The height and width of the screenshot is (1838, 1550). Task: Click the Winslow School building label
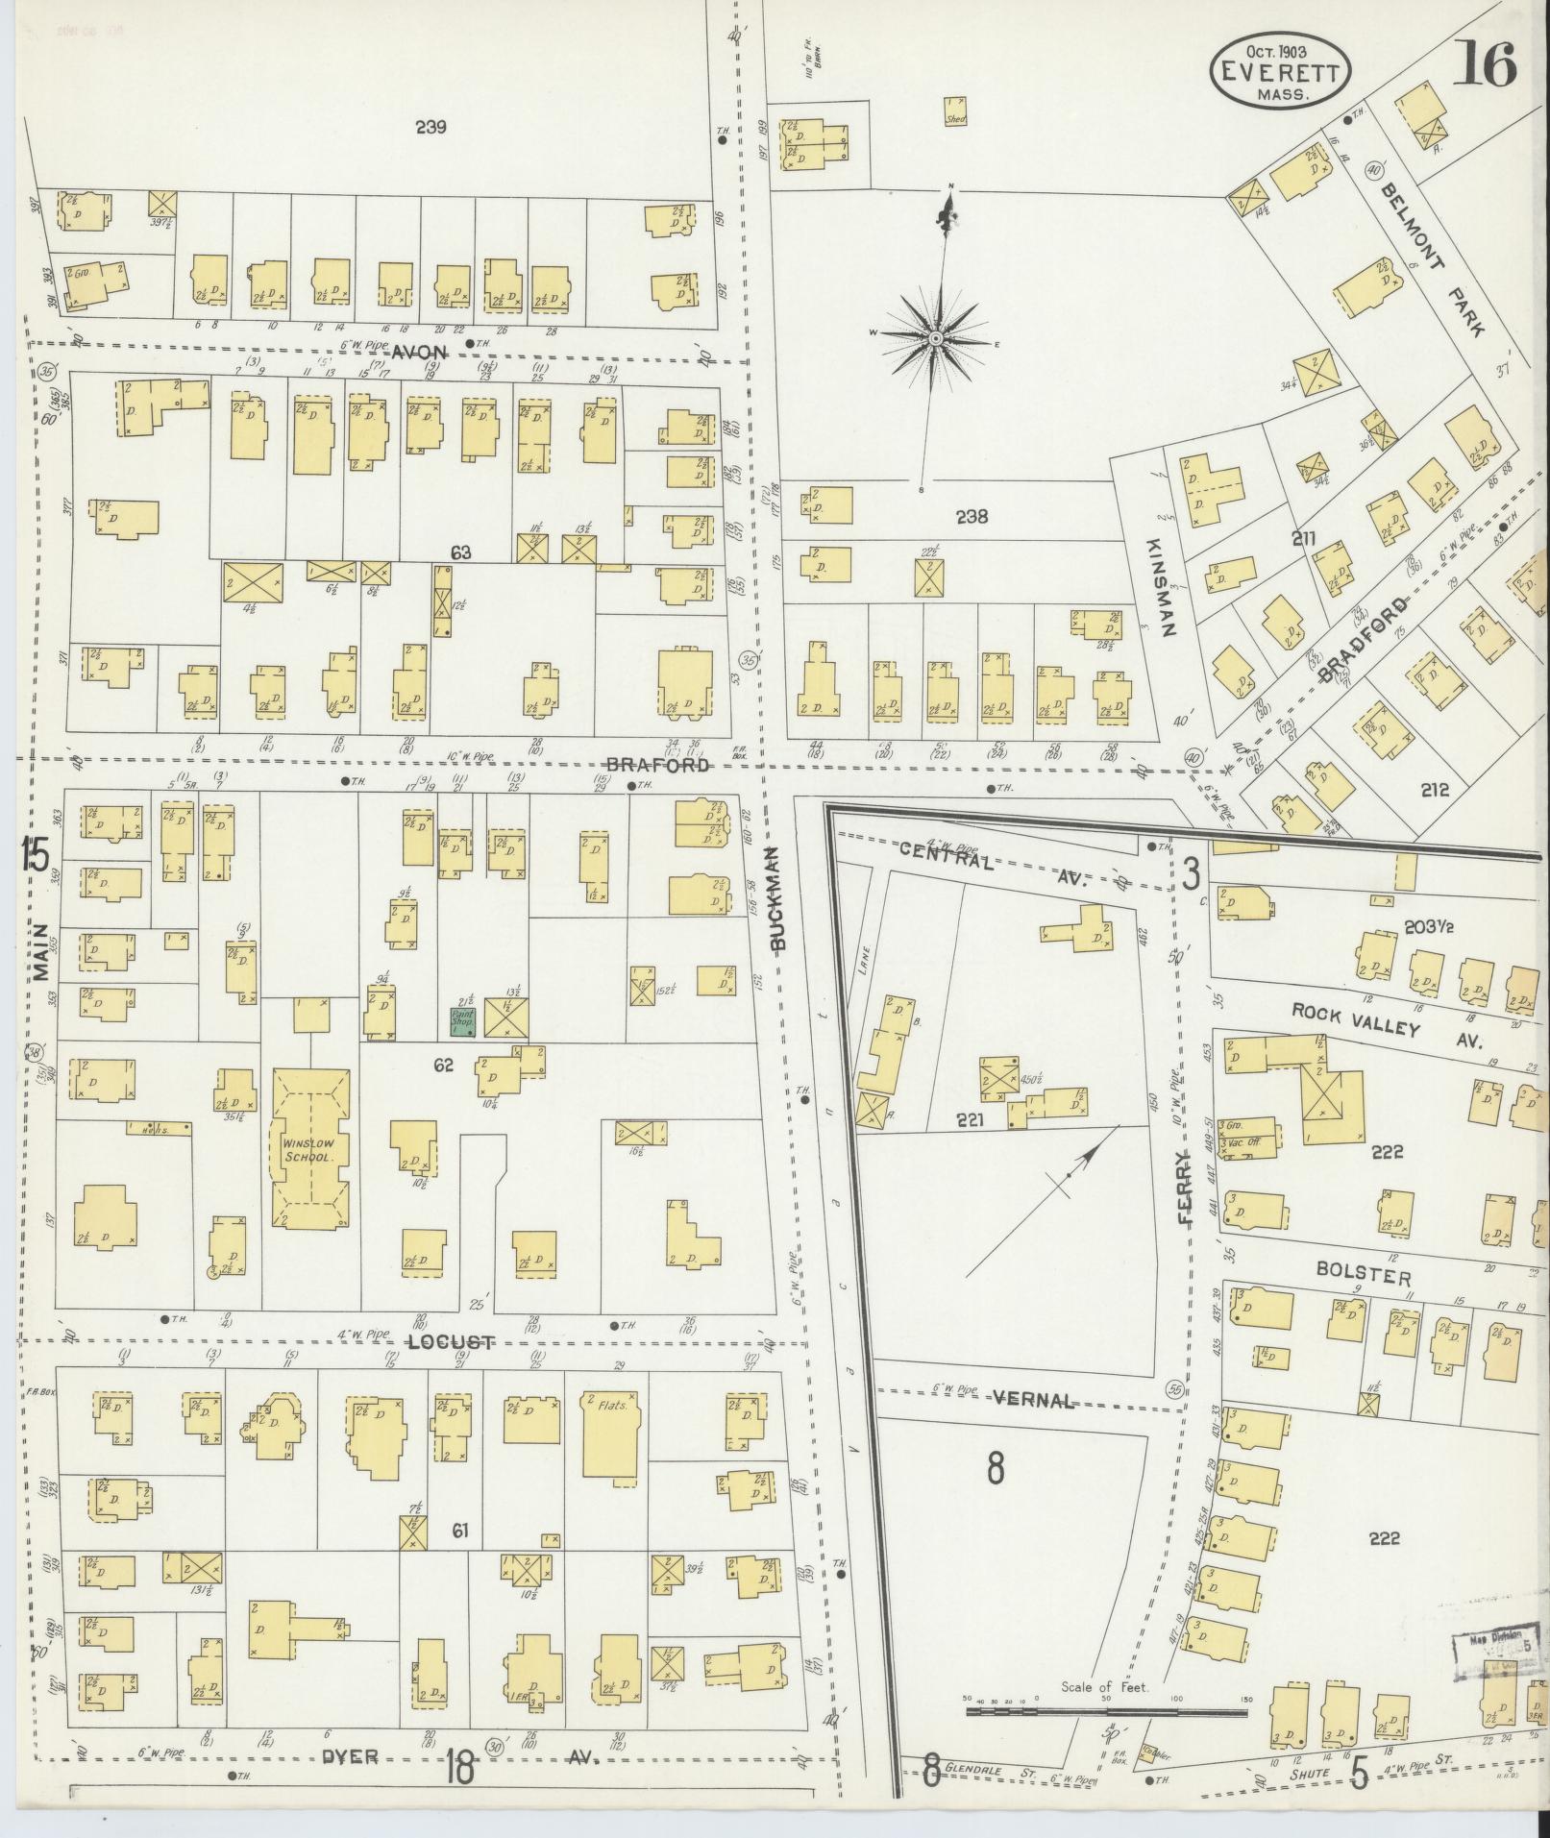(307, 1151)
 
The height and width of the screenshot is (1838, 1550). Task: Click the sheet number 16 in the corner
(1484, 65)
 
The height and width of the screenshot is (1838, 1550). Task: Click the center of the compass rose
(934, 338)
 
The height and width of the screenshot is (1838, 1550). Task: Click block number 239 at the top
(431, 126)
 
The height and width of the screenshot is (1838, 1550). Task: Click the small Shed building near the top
(954, 111)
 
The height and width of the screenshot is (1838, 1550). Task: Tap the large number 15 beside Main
(36, 853)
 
